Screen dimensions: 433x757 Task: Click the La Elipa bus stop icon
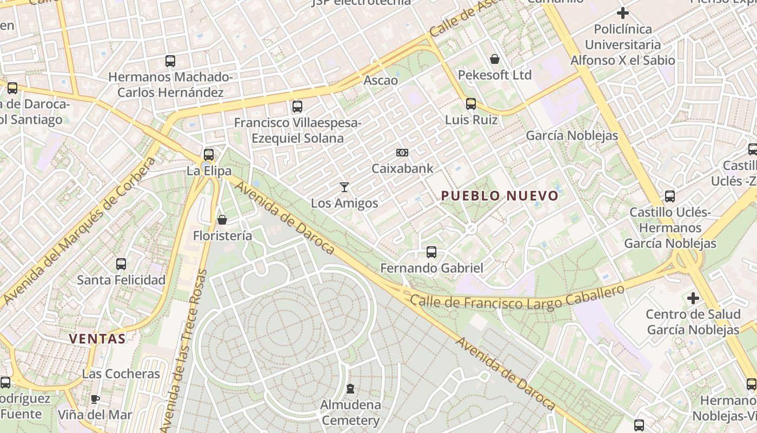[209, 154]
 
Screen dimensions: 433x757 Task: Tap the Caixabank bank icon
[402, 153]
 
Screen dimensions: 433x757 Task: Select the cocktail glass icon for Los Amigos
[344, 187]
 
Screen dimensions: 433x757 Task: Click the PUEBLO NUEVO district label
[500, 195]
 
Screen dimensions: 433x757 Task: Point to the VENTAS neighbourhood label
[97, 339]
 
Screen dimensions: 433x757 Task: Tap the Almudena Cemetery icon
[350, 389]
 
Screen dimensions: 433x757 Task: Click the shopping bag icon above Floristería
[222, 220]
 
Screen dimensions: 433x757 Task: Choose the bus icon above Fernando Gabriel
[431, 252]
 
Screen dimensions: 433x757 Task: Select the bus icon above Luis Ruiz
[471, 103]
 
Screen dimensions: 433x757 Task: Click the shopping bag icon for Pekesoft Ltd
[495, 58]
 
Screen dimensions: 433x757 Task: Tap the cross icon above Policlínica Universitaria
[623, 13]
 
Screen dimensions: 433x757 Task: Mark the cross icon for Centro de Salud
[693, 298]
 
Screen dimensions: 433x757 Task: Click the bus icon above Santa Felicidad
[121, 264]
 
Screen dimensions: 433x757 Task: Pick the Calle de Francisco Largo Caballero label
[517, 299]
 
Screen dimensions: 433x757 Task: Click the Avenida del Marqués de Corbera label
[78, 230]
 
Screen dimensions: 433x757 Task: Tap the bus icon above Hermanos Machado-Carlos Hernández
[170, 61]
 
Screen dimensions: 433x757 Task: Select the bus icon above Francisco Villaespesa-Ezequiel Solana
[297, 107]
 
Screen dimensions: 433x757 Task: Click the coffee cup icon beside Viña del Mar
[95, 399]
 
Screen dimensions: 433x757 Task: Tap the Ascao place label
[381, 81]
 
